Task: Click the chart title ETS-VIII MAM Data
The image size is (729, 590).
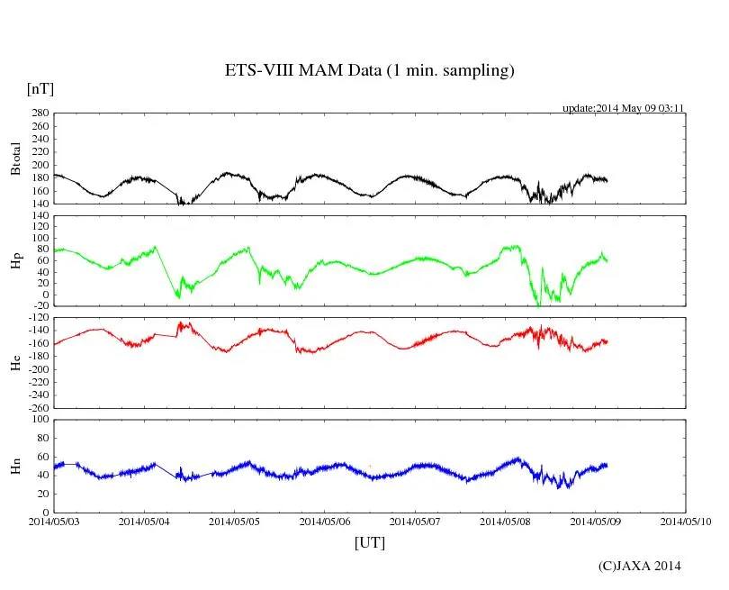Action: coord(369,71)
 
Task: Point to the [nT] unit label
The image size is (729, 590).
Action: coord(40,89)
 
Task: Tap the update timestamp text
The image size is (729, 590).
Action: coord(624,108)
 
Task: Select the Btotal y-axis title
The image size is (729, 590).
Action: coord(15,159)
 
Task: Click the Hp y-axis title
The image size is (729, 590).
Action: coord(15,260)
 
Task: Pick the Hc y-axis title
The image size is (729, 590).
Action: coord(15,362)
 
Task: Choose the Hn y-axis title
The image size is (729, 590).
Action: coord(15,466)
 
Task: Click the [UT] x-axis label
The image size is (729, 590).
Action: coord(369,542)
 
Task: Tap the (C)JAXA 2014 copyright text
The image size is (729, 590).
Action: coord(640,566)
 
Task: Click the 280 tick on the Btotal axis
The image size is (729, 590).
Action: coord(39,113)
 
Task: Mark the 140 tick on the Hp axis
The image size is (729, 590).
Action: coord(39,216)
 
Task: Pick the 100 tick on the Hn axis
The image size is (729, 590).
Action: coord(39,420)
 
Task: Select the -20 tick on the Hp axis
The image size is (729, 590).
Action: coord(39,306)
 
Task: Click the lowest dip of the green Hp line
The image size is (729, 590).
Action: coord(538,306)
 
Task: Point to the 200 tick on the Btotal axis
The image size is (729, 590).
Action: coord(39,165)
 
